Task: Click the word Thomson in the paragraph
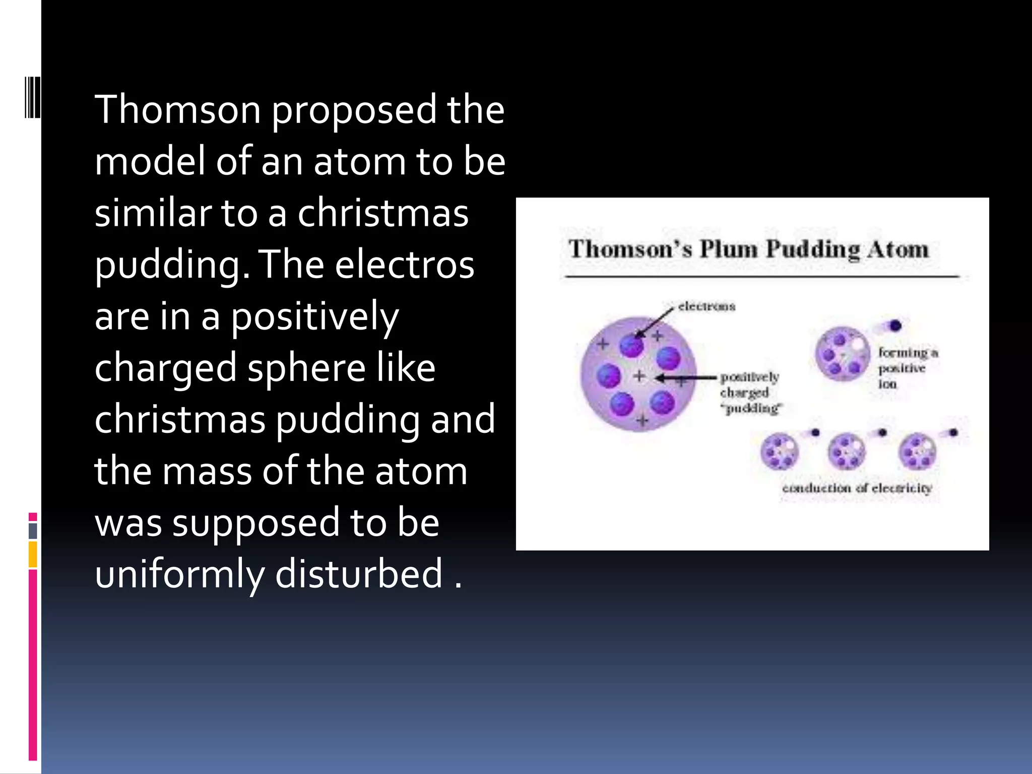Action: tap(177, 109)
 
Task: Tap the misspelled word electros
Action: tap(405, 265)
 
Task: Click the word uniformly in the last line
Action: tap(179, 574)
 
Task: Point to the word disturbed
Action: tap(359, 574)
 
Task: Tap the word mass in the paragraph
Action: tap(207, 471)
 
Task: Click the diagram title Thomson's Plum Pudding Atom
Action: tap(748, 249)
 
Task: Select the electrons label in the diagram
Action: tap(706, 306)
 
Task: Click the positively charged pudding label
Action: tap(750, 393)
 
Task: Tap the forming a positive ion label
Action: tap(907, 368)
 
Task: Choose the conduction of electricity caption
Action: tap(857, 488)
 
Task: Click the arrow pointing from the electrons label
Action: tap(654, 322)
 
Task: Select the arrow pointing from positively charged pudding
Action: tap(685, 377)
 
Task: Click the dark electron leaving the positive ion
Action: tap(895, 326)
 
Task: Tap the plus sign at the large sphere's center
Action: tap(639, 376)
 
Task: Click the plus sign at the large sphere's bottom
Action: tap(641, 420)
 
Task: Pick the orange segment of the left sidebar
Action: tap(33, 554)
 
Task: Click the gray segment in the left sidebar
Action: tap(33, 531)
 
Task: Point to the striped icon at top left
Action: tap(32, 98)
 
